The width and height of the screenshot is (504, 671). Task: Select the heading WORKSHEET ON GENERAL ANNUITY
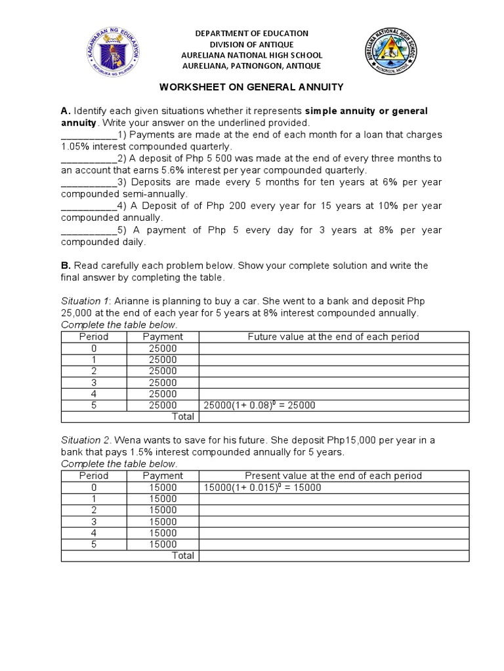pos(251,86)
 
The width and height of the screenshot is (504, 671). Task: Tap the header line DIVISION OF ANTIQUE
pos(252,44)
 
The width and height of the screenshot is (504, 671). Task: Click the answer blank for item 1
pos(88,135)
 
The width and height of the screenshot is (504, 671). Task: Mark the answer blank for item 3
pos(88,182)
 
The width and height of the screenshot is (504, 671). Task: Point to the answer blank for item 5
pos(88,230)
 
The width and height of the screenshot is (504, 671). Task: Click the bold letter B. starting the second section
pos(66,265)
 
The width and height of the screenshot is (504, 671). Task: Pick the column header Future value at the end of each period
pos(333,337)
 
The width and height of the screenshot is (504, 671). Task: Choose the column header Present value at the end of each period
pos(333,476)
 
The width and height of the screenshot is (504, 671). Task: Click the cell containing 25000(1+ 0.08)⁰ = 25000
pos(260,406)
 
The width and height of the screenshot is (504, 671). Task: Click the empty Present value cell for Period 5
pos(333,544)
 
